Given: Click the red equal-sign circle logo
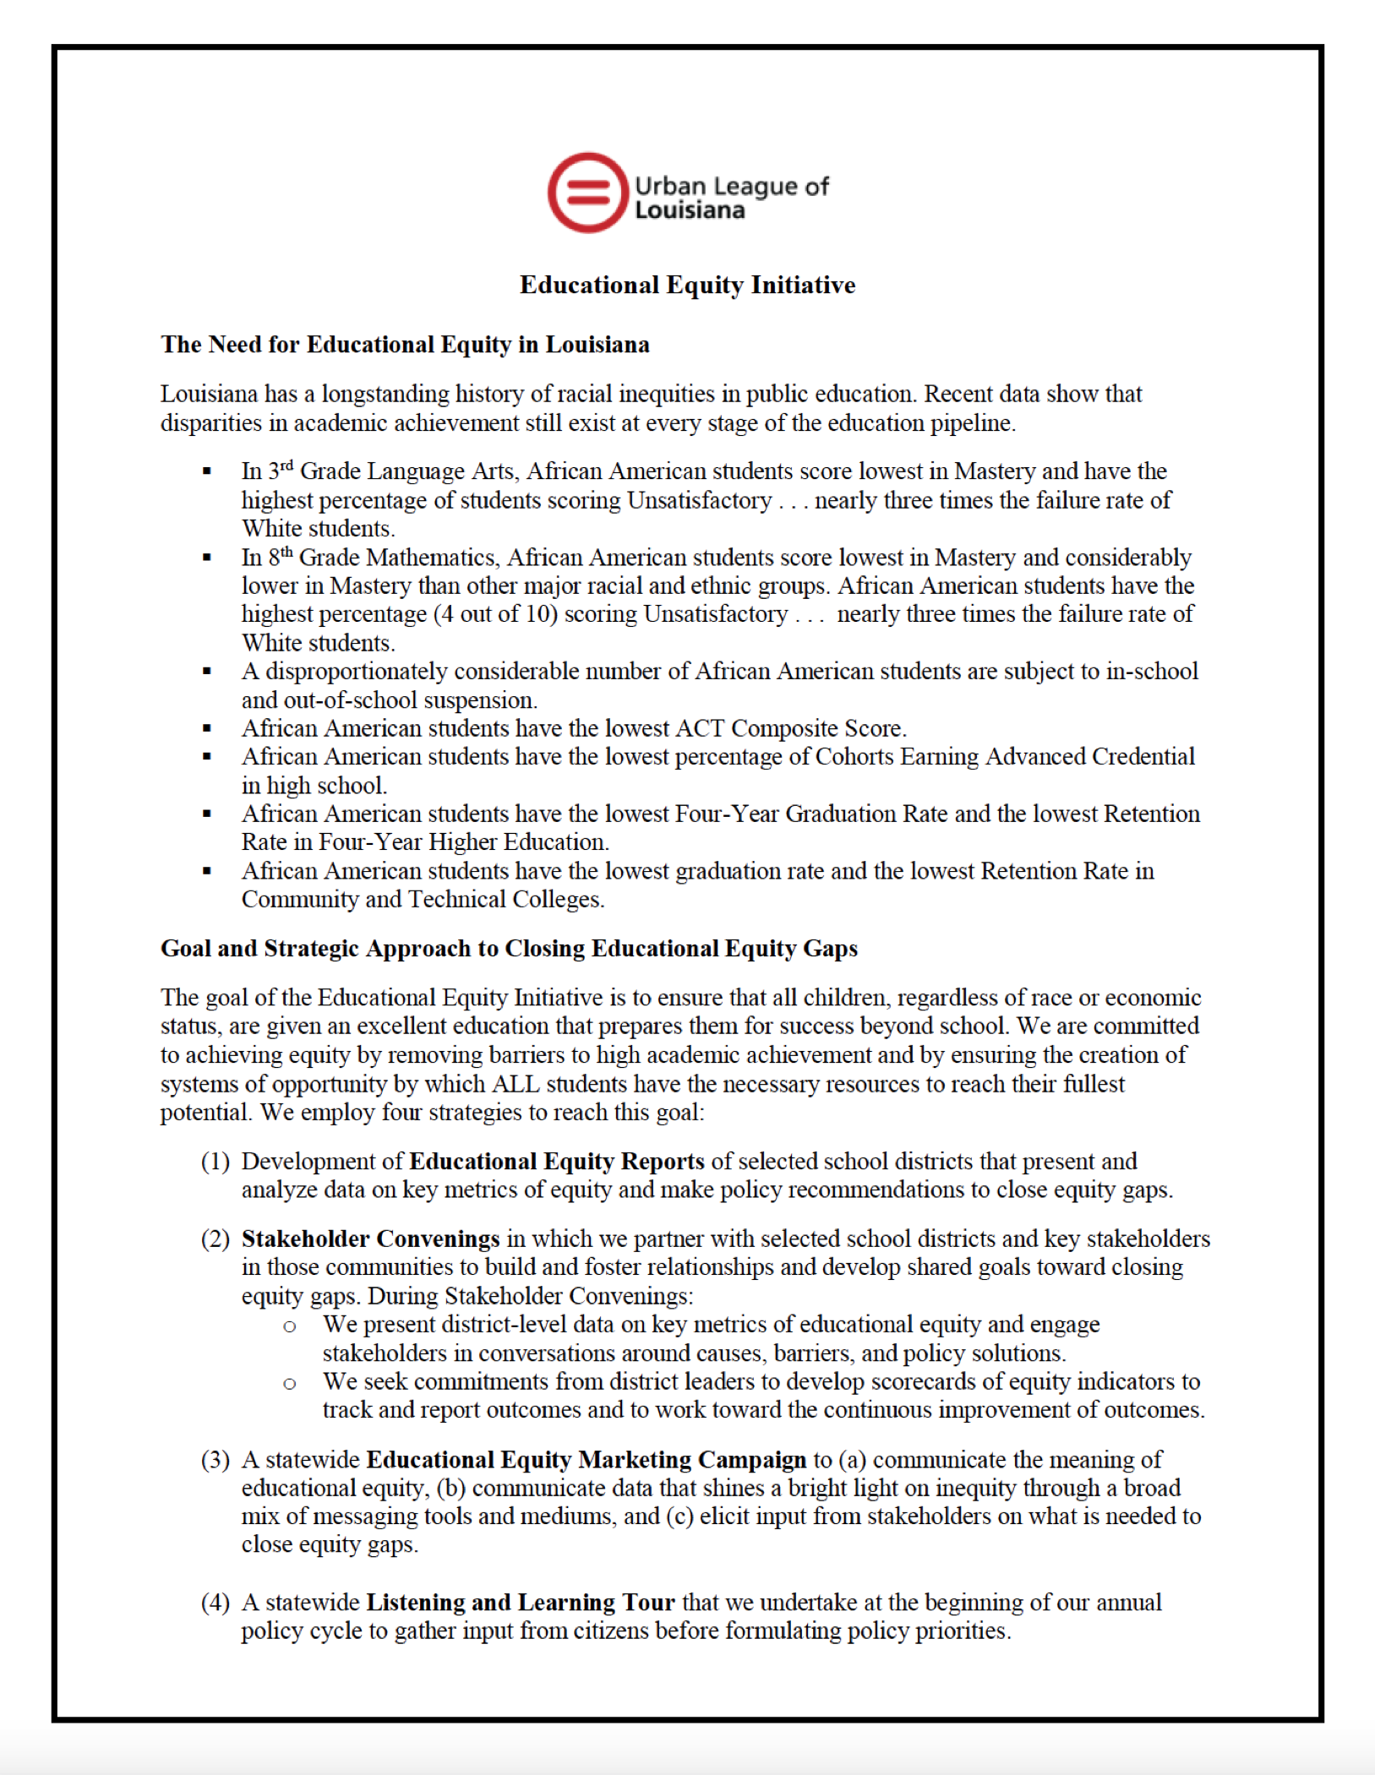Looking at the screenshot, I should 588,193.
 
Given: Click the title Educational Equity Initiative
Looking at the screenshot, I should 687,285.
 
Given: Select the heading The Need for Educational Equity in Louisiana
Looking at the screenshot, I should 405,345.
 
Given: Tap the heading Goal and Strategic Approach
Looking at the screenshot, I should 509,948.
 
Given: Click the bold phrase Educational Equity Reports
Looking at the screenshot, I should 556,1162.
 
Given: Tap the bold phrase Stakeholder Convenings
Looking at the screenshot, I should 370,1239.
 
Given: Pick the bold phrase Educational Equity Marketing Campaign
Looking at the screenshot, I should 587,1460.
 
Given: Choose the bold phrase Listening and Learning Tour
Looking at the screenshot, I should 520,1603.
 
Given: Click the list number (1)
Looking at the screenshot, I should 216,1162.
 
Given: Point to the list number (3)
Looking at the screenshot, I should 216,1460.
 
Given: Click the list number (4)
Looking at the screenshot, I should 216,1603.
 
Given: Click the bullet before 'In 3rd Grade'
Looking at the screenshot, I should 207,471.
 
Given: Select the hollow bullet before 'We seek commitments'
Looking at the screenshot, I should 290,1384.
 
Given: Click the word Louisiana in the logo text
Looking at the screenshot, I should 690,210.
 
